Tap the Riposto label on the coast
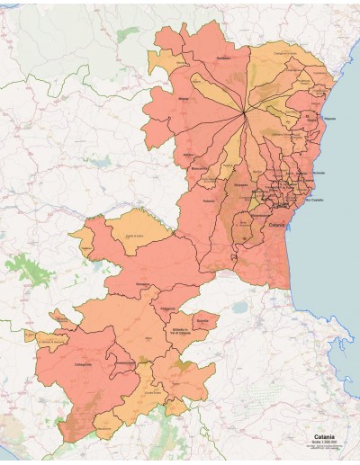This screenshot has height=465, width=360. coord(329,118)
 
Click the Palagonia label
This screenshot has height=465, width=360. coord(167,308)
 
